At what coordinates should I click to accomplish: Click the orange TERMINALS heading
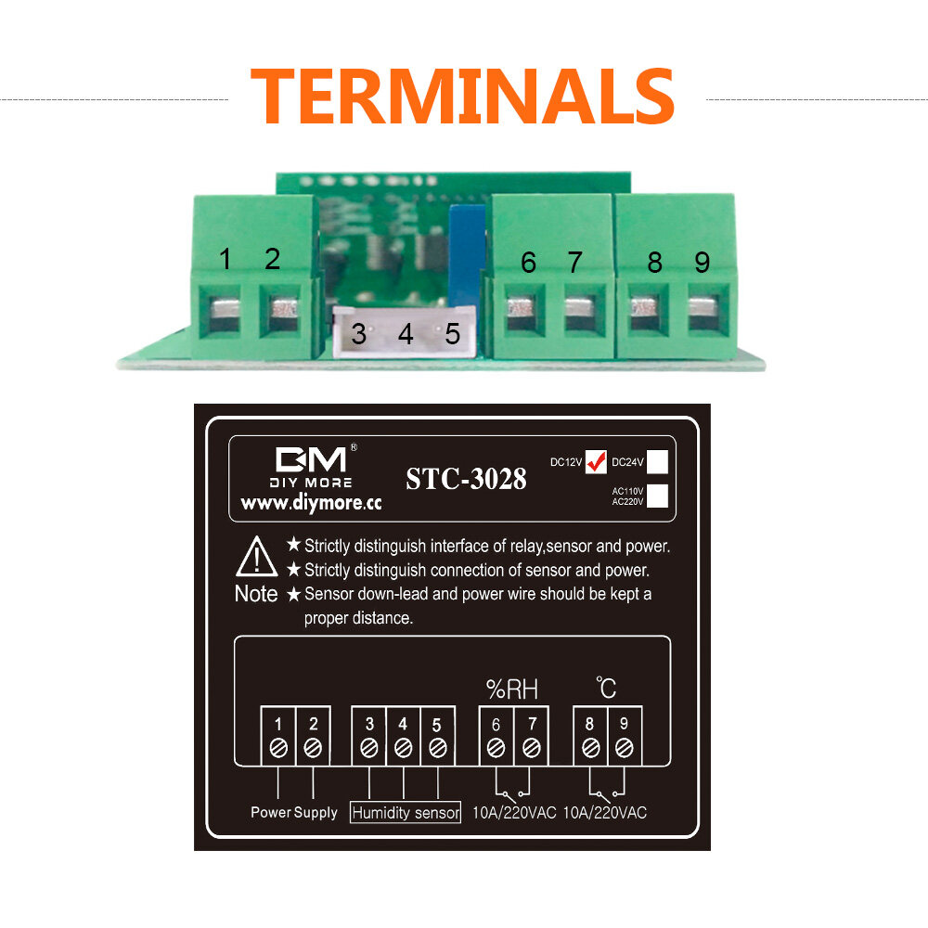pos(462,96)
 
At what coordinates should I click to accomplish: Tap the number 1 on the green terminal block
pos(225,259)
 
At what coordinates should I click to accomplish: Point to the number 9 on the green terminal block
pos(702,263)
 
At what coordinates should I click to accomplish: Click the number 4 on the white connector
pos(406,334)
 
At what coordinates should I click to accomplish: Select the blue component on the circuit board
pos(467,256)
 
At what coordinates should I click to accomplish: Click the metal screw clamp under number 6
pos(521,309)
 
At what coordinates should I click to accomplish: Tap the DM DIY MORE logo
pos(311,466)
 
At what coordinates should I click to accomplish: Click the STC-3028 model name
pos(466,479)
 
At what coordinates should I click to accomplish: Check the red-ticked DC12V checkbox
pos(596,461)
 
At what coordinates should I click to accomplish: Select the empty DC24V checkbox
pos(657,461)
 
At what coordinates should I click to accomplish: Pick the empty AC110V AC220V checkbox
pos(657,496)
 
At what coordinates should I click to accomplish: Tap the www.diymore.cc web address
pos(311,503)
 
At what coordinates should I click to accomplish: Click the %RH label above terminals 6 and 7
pos(512,690)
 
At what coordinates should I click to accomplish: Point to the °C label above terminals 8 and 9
pos(606,688)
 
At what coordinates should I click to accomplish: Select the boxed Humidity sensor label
pos(406,813)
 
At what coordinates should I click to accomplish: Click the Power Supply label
pos(293,813)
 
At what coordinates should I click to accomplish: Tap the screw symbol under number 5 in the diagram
pos(437,749)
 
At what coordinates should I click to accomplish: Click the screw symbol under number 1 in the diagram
pos(278,749)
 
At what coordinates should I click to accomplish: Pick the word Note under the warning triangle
pos(256,594)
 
